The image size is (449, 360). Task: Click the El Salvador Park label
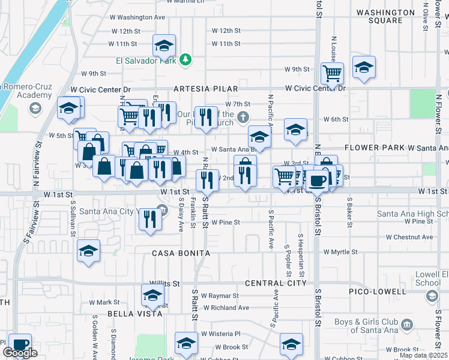point(146,61)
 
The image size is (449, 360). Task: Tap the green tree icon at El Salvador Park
point(186,59)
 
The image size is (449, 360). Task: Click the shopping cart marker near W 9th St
point(332,74)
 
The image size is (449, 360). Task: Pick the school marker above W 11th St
point(163,45)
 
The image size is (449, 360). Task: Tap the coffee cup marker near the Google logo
point(20,344)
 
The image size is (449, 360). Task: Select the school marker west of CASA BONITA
point(88,250)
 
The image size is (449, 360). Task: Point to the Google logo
point(20,353)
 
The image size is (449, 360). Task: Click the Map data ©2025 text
point(423,355)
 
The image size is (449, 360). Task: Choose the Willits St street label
point(166,283)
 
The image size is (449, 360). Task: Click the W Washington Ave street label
point(140,17)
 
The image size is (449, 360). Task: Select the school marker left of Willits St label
point(152,295)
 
